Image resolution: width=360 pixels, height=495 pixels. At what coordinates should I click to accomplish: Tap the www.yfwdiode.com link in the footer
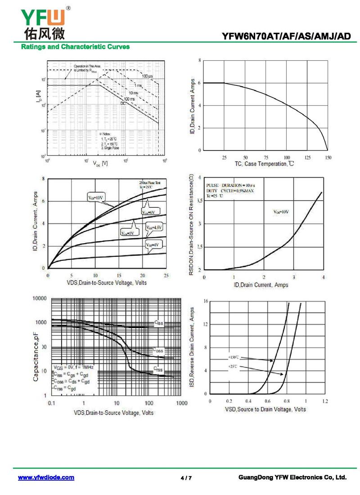click(46, 477)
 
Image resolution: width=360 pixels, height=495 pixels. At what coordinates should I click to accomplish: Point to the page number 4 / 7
click(186, 478)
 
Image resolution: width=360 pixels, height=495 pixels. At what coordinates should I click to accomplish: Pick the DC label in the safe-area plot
click(123, 103)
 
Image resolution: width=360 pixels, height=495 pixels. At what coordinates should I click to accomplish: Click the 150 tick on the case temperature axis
click(328, 158)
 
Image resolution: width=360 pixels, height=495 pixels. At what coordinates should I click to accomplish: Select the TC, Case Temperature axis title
click(264, 164)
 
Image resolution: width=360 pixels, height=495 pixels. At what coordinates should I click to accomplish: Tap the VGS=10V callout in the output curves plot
click(96, 196)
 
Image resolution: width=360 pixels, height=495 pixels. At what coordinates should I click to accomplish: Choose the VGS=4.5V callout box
click(154, 228)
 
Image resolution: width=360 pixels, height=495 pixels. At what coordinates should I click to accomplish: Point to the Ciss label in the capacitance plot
click(159, 322)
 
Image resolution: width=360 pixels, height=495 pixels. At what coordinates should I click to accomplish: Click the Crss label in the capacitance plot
click(158, 369)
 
